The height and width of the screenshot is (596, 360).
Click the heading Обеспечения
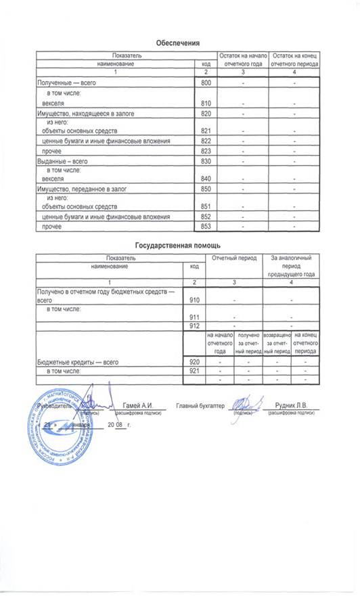[x=177, y=42]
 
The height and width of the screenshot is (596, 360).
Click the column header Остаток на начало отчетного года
[x=242, y=58]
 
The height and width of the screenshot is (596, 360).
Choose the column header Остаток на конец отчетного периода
[x=294, y=58]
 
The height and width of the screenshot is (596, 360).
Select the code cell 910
[x=194, y=298]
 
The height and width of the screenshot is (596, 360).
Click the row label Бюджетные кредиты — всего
[x=77, y=363]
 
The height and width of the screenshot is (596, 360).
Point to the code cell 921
[x=194, y=371]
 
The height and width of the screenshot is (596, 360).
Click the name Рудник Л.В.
[x=289, y=405]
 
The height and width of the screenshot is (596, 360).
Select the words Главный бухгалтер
[x=200, y=405]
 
